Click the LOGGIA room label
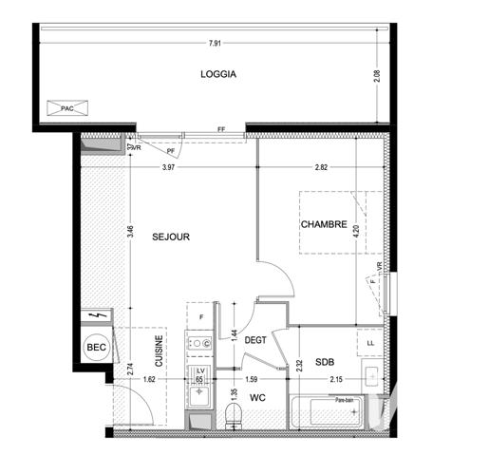[x=217, y=74]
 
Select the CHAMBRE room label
[x=324, y=225]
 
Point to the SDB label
[x=325, y=362]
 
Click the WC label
[x=257, y=398]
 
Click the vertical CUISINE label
[x=160, y=351]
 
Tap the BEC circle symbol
[x=96, y=349]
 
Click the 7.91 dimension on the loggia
[x=217, y=43]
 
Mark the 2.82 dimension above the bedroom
[x=324, y=168]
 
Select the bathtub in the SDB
[x=323, y=414]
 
